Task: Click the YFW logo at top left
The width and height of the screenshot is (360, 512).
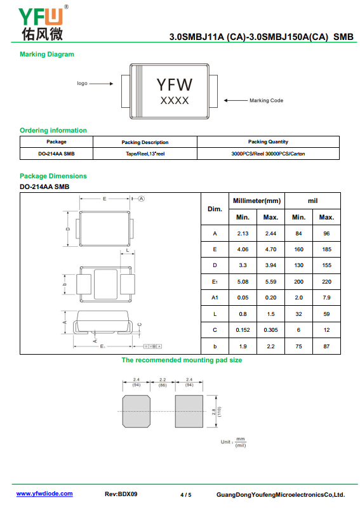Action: pyautogui.click(x=41, y=23)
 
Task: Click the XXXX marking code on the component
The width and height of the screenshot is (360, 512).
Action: pyautogui.click(x=175, y=101)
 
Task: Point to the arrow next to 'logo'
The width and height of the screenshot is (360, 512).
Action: pyautogui.click(x=102, y=84)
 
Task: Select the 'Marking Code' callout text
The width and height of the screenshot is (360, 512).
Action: pyautogui.click(x=266, y=101)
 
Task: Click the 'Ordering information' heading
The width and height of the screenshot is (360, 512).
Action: pyautogui.click(x=53, y=130)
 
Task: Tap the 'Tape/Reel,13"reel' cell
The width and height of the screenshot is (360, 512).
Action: pyautogui.click(x=145, y=154)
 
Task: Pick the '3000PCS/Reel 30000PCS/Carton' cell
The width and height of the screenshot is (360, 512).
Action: pyautogui.click(x=268, y=154)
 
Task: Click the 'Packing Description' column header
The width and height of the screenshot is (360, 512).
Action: pyautogui.click(x=145, y=142)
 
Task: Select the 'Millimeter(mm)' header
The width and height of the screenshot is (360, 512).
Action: pyautogui.click(x=257, y=201)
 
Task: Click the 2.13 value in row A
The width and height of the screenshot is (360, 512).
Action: pyautogui.click(x=243, y=233)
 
